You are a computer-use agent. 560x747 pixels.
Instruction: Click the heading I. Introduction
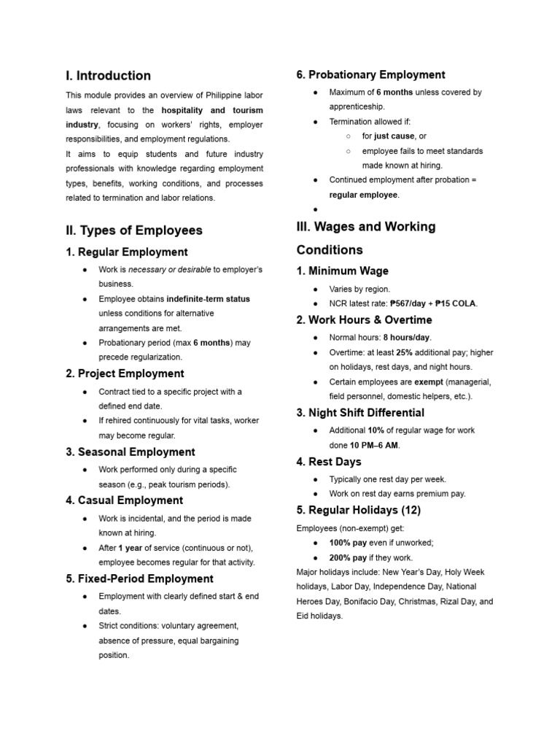tap(108, 76)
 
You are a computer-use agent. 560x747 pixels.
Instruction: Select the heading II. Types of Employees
tap(134, 231)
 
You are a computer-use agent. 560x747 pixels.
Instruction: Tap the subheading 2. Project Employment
tap(125, 373)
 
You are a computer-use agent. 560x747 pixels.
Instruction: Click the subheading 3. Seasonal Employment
tap(131, 452)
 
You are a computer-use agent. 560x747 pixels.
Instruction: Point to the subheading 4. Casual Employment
tap(124, 500)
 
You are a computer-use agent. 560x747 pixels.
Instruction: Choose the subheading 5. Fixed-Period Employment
tap(139, 579)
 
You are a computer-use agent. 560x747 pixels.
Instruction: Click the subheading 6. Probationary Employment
tap(370, 75)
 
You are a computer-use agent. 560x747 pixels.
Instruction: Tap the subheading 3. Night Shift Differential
tap(360, 413)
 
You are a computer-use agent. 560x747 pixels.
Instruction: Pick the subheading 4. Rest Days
tap(329, 462)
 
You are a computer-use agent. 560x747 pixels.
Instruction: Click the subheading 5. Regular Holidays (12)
tap(358, 510)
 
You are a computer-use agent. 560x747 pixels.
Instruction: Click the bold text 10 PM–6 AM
tap(374, 445)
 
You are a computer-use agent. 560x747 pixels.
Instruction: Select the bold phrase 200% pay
tap(348, 557)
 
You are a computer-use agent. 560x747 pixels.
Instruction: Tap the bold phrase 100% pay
tap(348, 543)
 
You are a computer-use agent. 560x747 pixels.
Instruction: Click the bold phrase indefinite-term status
tap(208, 299)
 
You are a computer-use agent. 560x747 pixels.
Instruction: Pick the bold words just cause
tap(394, 136)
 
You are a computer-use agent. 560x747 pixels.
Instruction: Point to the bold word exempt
tap(429, 382)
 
